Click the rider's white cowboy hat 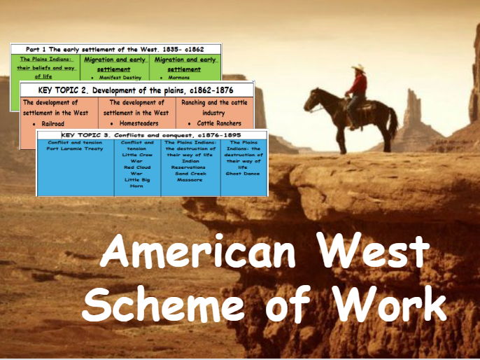coord(359,69)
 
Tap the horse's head coord(313,97)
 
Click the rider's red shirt coord(360,85)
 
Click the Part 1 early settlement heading coord(115,50)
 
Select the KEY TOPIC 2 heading coord(136,90)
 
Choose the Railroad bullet coord(52,123)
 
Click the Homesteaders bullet coord(139,123)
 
